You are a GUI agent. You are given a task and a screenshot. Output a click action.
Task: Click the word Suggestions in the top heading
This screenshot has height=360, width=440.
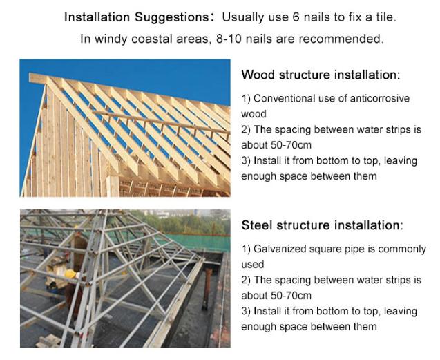tap(171, 17)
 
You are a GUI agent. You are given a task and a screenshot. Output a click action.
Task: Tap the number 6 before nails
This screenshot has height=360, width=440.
tap(296, 17)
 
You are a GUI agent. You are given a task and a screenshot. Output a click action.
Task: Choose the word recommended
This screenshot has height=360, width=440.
tap(341, 39)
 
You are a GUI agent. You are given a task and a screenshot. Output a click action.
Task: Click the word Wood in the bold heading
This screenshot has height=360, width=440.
tap(258, 75)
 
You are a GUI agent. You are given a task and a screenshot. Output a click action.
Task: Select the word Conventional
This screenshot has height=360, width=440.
tap(285, 99)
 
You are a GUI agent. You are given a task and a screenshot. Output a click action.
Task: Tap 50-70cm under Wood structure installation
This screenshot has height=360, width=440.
tap(291, 145)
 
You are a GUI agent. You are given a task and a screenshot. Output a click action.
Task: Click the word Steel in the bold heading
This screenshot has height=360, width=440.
tap(257, 225)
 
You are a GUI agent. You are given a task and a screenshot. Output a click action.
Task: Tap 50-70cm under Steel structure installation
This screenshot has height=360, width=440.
tap(291, 296)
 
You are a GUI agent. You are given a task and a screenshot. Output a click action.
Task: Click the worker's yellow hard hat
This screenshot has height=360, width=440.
tap(70, 274)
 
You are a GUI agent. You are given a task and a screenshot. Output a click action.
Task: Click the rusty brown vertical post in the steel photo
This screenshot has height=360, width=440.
tap(207, 289)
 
